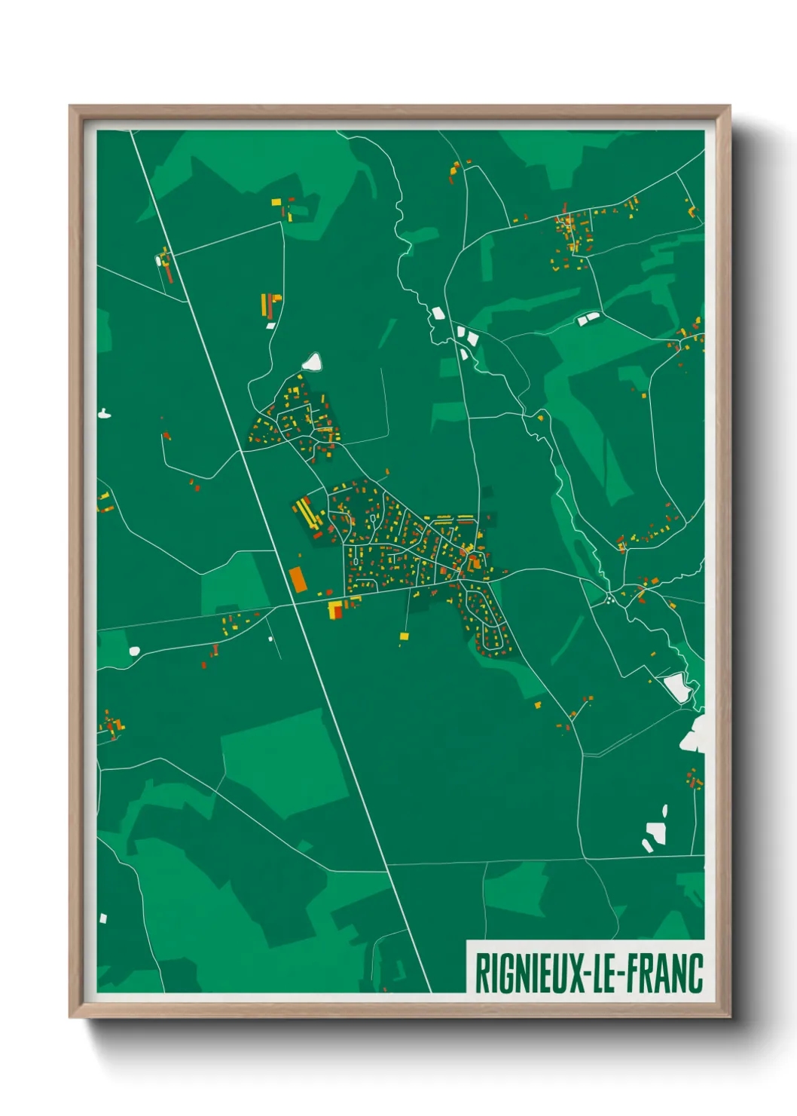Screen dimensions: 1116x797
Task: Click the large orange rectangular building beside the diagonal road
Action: [298, 579]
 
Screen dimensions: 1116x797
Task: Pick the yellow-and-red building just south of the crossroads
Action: [335, 609]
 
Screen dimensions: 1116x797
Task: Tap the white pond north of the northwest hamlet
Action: [312, 363]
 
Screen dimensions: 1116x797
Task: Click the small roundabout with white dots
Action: [609, 600]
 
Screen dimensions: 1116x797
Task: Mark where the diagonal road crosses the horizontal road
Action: [294, 604]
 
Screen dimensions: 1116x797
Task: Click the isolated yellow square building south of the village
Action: [404, 636]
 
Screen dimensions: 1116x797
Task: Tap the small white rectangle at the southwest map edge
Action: [103, 918]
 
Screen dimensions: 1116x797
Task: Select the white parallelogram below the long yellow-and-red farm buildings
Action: [270, 326]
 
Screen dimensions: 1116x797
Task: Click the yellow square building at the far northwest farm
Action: [276, 202]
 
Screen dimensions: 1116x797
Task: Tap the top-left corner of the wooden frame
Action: [71, 107]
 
